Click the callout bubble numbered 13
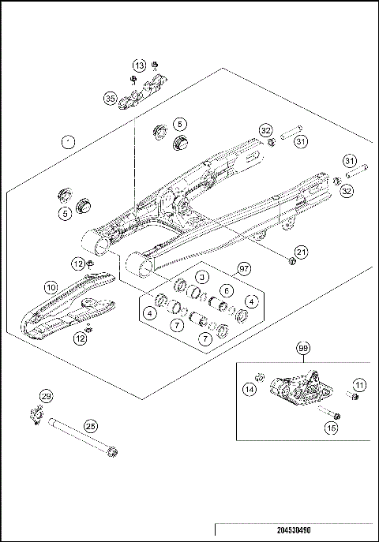(139, 65)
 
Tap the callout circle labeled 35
(110, 99)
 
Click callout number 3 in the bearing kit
(202, 277)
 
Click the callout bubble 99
(303, 348)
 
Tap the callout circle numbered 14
(250, 389)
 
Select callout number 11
(359, 384)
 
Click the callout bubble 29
(46, 396)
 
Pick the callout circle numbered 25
(91, 425)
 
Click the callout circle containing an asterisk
(68, 141)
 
